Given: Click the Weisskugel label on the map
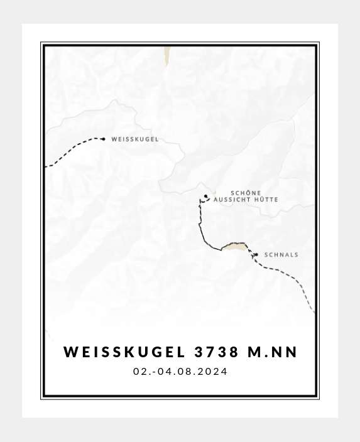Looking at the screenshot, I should coord(134,139).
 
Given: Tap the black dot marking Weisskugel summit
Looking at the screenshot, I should coord(103,139).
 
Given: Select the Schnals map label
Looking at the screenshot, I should coord(281,255).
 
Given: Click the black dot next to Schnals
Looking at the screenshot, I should coord(256,254).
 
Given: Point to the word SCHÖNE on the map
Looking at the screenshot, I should coord(246,193).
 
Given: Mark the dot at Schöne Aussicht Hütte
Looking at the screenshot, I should coord(206,196).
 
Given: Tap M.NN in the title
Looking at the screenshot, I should coord(273,352).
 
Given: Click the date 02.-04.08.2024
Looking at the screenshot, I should coord(180,372).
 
